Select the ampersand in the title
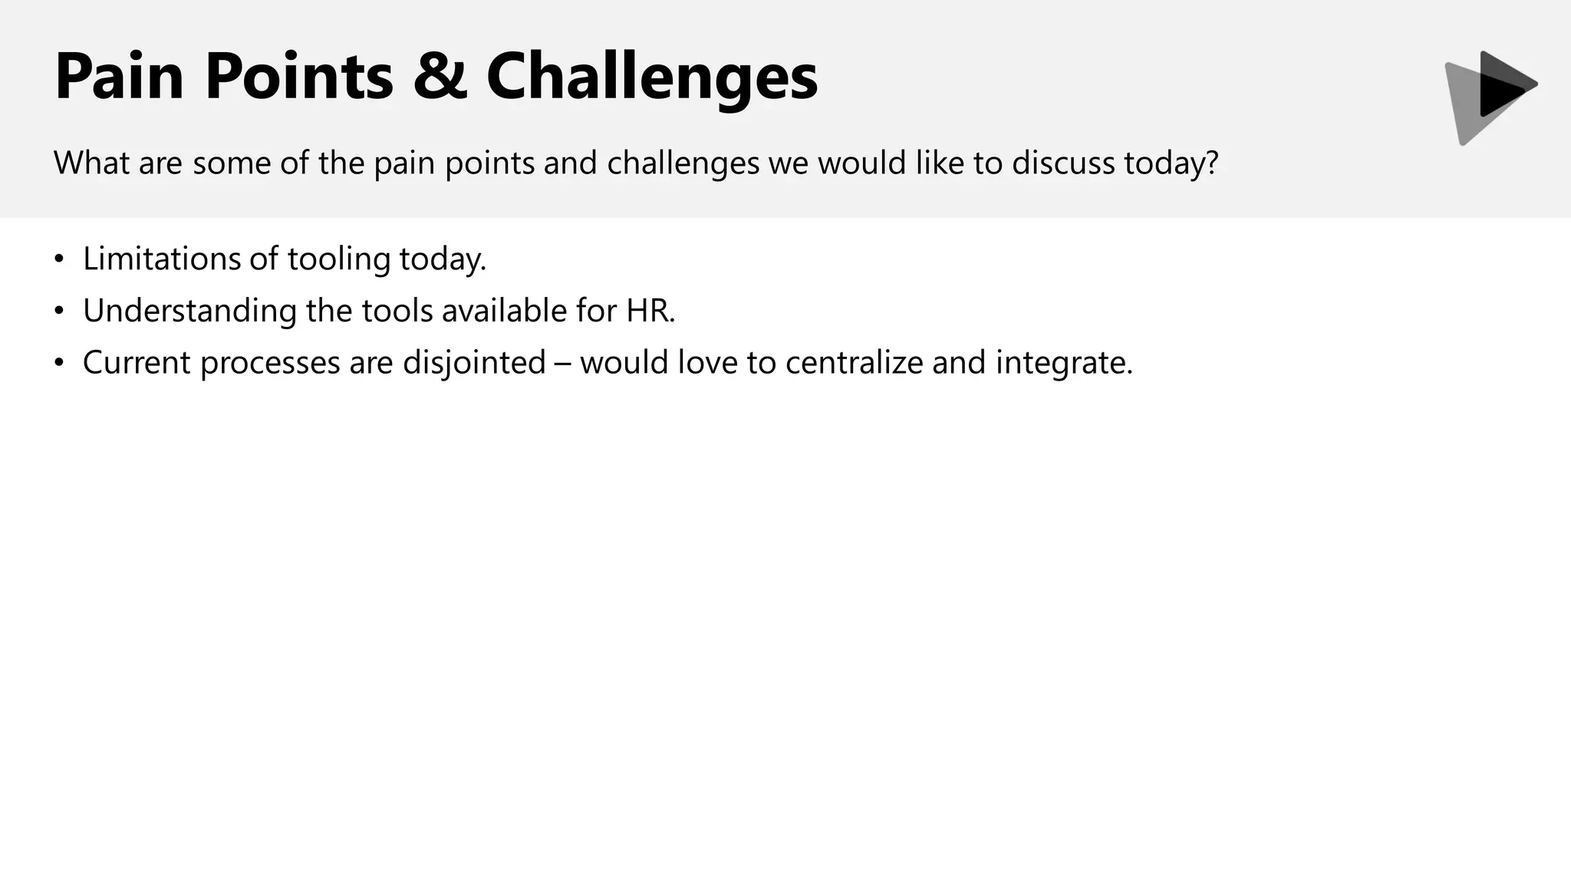click(x=440, y=76)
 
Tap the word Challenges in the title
click(x=652, y=78)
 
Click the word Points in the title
click(x=299, y=76)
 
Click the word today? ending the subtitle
click(x=1171, y=164)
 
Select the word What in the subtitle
click(x=91, y=163)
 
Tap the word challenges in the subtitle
click(x=683, y=164)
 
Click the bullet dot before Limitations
click(x=60, y=259)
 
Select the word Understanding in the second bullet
click(x=189, y=312)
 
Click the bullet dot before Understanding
click(x=60, y=312)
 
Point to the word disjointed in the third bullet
click(x=474, y=363)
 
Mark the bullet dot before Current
click(x=60, y=363)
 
